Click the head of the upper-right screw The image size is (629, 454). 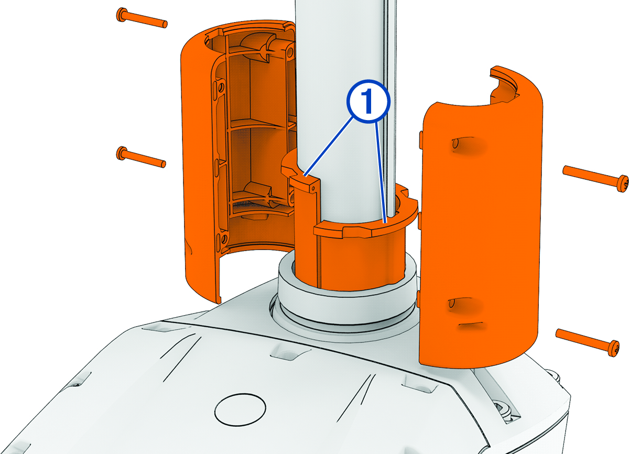(622, 183)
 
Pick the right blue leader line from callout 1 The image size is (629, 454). (381, 173)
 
